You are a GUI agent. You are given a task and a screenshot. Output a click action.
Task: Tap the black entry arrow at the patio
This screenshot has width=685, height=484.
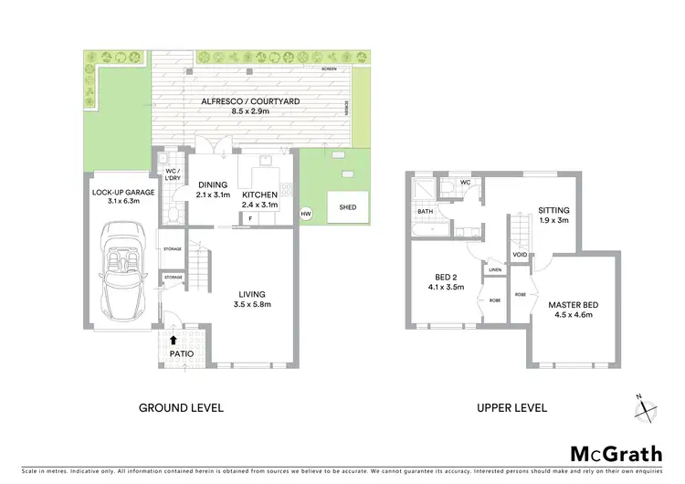click(x=175, y=340)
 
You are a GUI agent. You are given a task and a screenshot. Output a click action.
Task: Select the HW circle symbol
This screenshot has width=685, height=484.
click(x=305, y=214)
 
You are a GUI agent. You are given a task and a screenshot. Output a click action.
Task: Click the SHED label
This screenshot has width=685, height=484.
click(x=347, y=206)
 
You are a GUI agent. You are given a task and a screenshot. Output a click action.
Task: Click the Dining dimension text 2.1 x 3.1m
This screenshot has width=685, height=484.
click(x=214, y=194)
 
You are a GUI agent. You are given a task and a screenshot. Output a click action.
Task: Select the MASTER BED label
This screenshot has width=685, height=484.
click(x=571, y=304)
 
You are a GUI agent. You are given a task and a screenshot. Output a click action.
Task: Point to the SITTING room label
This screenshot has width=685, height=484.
click(x=553, y=209)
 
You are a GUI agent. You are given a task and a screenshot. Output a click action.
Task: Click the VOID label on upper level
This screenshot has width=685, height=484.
click(x=520, y=255)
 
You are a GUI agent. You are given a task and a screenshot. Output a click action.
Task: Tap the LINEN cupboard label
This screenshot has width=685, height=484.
click(x=495, y=270)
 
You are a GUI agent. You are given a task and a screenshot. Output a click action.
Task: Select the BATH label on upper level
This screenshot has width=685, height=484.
click(x=426, y=211)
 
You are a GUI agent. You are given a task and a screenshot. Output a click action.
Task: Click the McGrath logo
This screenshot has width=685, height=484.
click(x=616, y=454)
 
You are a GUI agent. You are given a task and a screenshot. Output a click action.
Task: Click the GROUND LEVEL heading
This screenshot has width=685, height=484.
click(x=180, y=406)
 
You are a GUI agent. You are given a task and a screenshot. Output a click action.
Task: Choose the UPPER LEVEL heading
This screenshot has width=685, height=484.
click(x=512, y=406)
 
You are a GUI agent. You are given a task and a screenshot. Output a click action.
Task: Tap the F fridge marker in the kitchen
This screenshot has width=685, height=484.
click(x=249, y=218)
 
